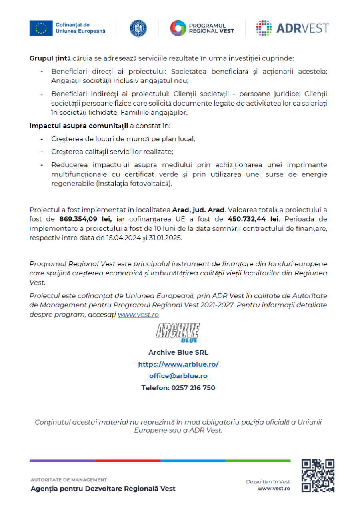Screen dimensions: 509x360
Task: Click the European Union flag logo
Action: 41,28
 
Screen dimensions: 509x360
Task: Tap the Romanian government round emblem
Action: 138,28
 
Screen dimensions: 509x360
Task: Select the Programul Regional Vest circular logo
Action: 178,28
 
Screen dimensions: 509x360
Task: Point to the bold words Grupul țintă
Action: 46,58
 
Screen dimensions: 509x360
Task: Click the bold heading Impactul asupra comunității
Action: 78,126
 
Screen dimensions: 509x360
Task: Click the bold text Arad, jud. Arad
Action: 198,210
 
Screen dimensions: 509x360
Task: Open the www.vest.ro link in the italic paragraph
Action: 138,314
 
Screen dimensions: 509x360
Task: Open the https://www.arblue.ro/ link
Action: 178,364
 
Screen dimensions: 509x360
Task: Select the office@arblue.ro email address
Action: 178,376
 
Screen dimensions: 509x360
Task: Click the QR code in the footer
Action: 318,475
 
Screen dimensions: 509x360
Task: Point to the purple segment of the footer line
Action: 62,461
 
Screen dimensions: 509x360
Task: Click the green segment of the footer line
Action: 258,461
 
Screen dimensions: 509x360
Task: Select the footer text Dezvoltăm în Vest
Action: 268,481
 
